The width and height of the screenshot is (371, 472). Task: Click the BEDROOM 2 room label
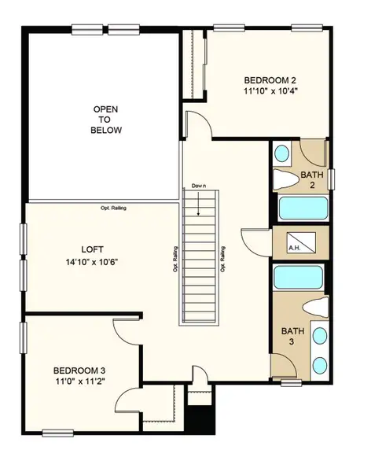click(270, 80)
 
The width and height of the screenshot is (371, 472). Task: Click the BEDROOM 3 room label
click(79, 370)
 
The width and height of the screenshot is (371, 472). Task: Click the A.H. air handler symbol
click(295, 244)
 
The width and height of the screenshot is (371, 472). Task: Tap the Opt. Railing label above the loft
click(115, 208)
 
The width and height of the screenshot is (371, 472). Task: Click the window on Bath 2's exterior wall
click(332, 178)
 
